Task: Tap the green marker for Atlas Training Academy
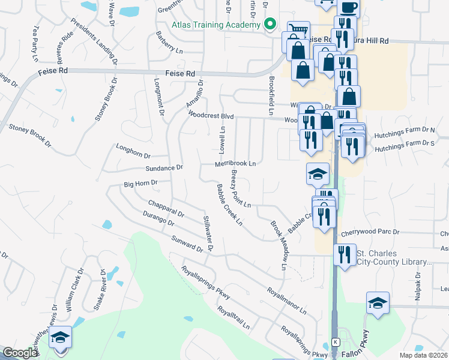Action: [270, 25]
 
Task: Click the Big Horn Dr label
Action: [140, 183]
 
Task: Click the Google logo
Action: [19, 353]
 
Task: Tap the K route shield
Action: [337, 341]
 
